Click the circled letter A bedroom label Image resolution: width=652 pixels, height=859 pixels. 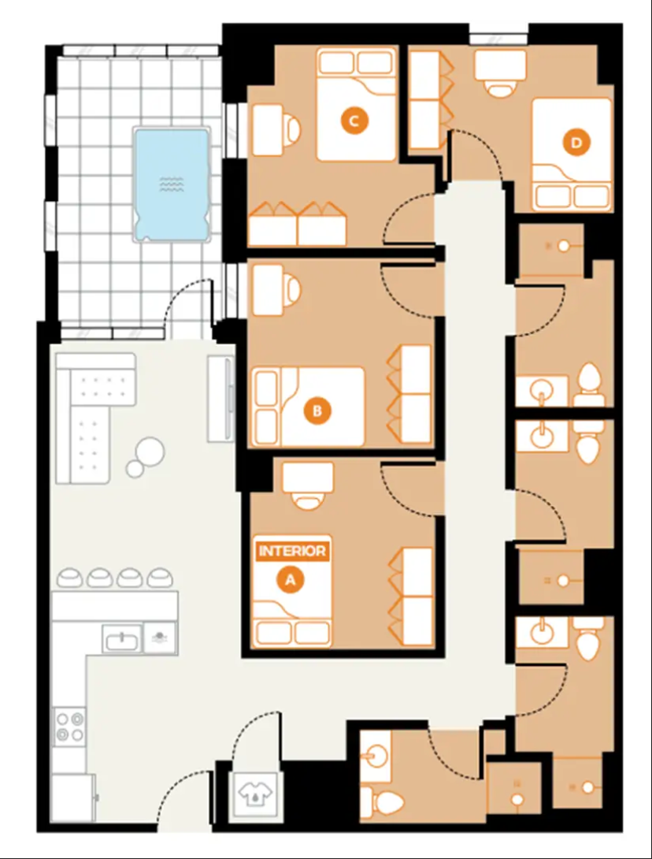pos(291,579)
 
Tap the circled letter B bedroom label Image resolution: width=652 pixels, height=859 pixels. pos(317,410)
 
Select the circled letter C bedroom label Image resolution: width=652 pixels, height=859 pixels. pos(354,121)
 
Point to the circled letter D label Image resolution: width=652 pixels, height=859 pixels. pos(576,143)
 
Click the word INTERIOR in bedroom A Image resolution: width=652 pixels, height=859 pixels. pos(292,551)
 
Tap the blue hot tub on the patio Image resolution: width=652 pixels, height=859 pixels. pos(172,184)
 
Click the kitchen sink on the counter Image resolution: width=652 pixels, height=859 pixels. pos(122,639)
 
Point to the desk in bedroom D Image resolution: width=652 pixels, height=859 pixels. pos(500,65)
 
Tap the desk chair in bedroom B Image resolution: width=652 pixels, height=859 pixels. pos(293,291)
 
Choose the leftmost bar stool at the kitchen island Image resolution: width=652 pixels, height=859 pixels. pos(70,578)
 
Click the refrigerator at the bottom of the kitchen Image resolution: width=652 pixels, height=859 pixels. pos(75,798)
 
